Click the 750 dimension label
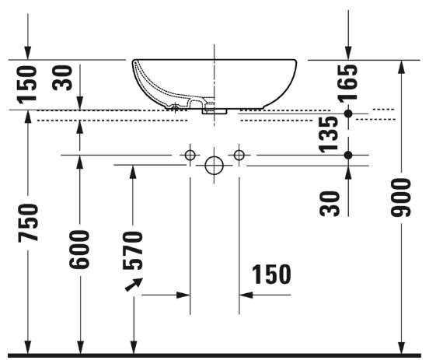[28, 223]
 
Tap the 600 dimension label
[79, 250]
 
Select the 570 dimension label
[133, 250]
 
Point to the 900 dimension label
[401, 197]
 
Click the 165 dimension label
[347, 83]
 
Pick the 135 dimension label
[329, 135]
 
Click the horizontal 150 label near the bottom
[271, 274]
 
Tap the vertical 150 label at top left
[26, 85]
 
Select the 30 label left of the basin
[62, 78]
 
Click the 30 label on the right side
[330, 204]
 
